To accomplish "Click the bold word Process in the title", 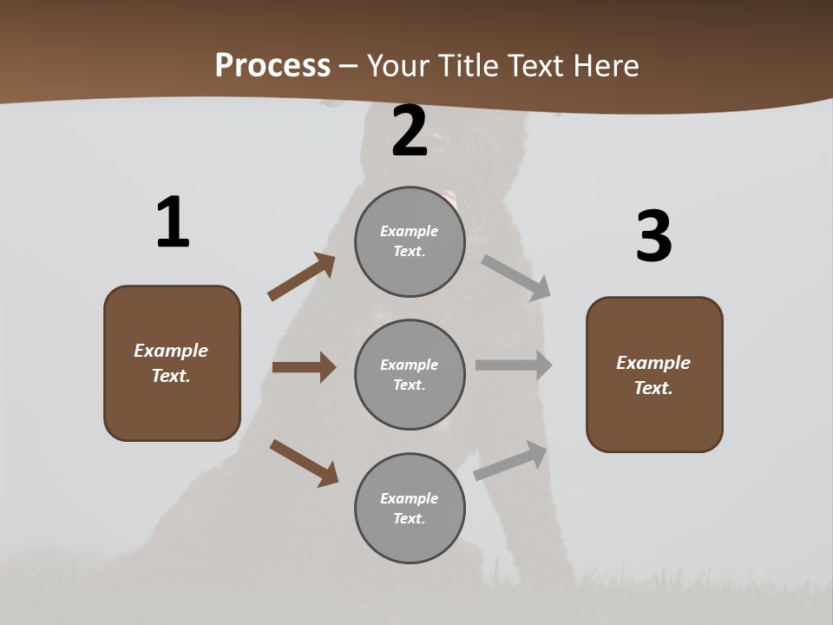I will click(272, 66).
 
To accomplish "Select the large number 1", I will click(173, 223).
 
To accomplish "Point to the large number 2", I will click(410, 132).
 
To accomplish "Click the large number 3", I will click(653, 237).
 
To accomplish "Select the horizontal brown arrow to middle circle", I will click(304, 367).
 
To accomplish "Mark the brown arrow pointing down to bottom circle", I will click(304, 463).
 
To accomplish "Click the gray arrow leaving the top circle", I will click(517, 278).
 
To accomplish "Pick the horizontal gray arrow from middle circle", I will click(514, 365).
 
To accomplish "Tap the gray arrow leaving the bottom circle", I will click(511, 461).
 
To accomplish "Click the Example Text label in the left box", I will click(171, 363).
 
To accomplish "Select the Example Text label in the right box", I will click(653, 375).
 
